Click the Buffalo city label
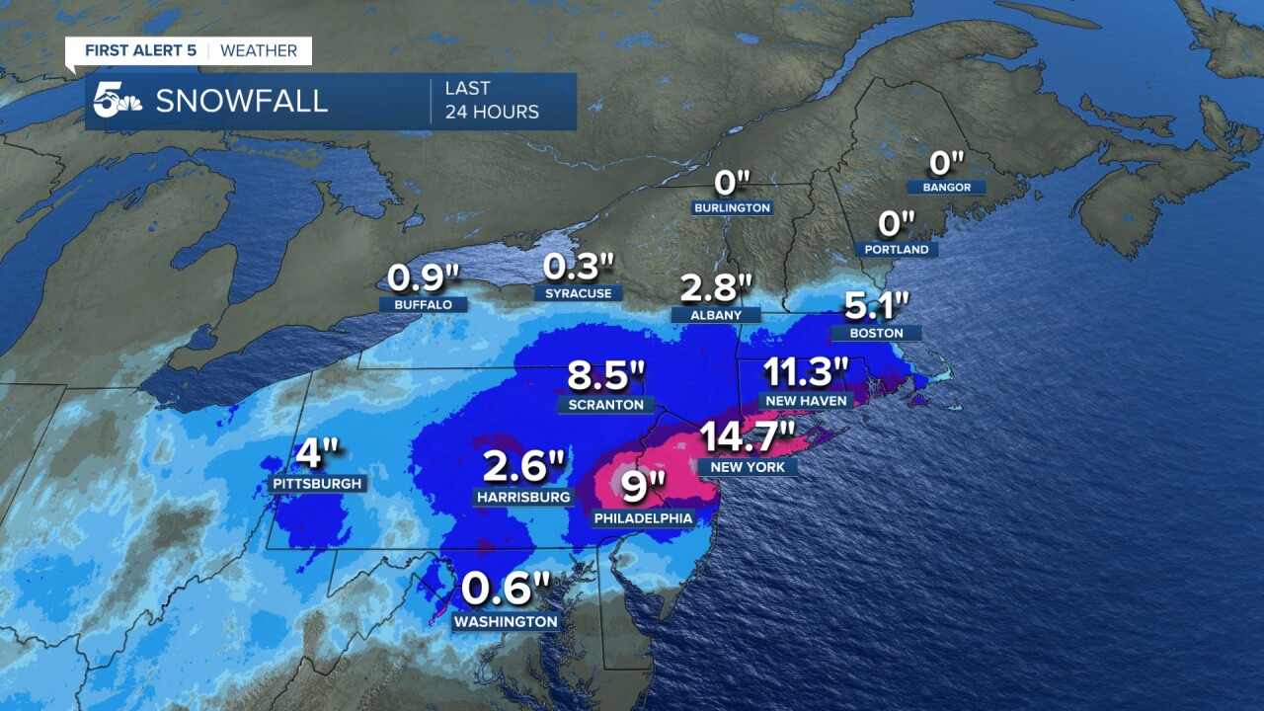[x=423, y=305]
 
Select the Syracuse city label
[x=579, y=293]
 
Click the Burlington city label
[x=732, y=208]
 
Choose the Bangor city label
[x=947, y=188]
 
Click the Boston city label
[x=877, y=334]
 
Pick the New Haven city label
[x=806, y=400]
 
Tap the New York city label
[x=747, y=466]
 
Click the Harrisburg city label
[x=522, y=497]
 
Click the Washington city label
[x=506, y=622]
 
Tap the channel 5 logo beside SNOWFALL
[x=118, y=100]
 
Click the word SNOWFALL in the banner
[x=242, y=101]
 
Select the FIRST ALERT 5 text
[x=140, y=50]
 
